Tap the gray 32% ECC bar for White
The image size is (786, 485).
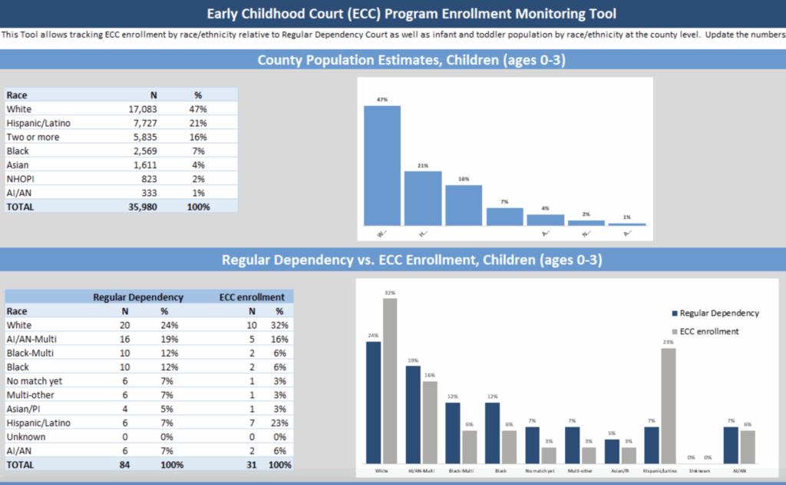pyautogui.click(x=390, y=380)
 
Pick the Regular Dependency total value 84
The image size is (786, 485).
pyautogui.click(x=124, y=464)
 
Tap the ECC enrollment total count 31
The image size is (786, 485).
pyautogui.click(x=251, y=464)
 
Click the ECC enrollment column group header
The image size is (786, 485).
pyautogui.click(x=252, y=297)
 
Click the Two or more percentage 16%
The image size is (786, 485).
pyautogui.click(x=197, y=137)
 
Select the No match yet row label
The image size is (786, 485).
pyautogui.click(x=34, y=380)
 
